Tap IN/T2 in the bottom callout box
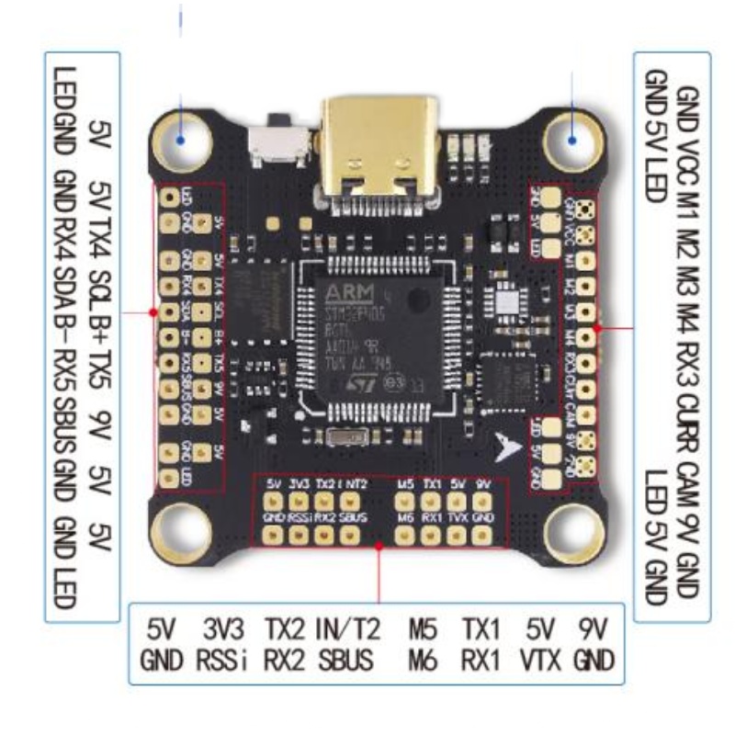click(x=345, y=631)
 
